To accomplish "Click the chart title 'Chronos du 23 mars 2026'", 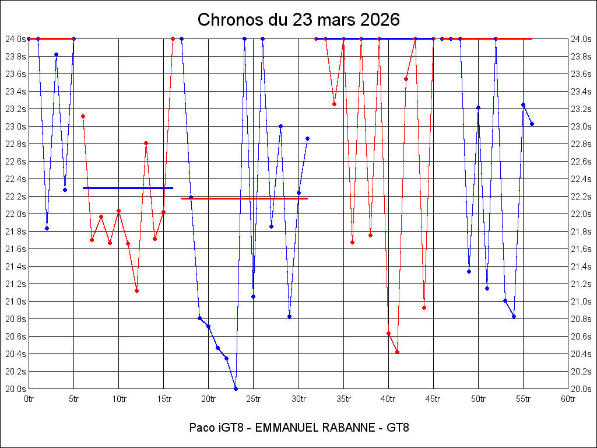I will click(x=298, y=19).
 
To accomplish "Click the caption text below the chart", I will click(x=298, y=428).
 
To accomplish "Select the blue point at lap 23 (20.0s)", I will click(x=236, y=388).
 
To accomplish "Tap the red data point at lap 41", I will click(x=397, y=352).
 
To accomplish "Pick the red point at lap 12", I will click(x=136, y=290).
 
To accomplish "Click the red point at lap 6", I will click(x=83, y=116).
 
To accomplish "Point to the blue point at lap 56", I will click(x=532, y=124).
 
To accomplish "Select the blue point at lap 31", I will click(x=307, y=138).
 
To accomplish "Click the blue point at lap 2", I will click(x=47, y=228).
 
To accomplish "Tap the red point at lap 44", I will click(x=424, y=307).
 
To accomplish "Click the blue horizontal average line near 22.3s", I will click(x=128, y=188).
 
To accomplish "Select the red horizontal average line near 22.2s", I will click(x=245, y=198).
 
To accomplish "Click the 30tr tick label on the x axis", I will click(x=298, y=399).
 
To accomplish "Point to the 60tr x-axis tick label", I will click(x=568, y=399).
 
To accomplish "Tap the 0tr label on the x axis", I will click(x=29, y=399).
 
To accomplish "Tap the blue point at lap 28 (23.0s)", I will click(x=280, y=126).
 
